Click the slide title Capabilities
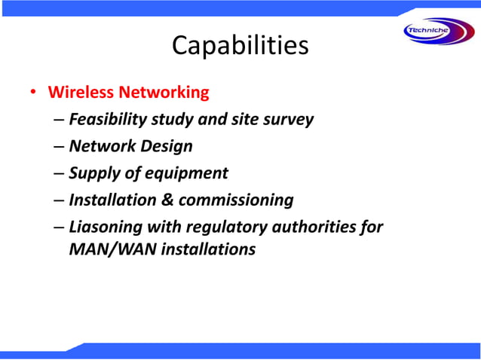(240, 46)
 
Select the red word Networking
(164, 93)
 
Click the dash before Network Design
(59, 147)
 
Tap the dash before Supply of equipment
(59, 174)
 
